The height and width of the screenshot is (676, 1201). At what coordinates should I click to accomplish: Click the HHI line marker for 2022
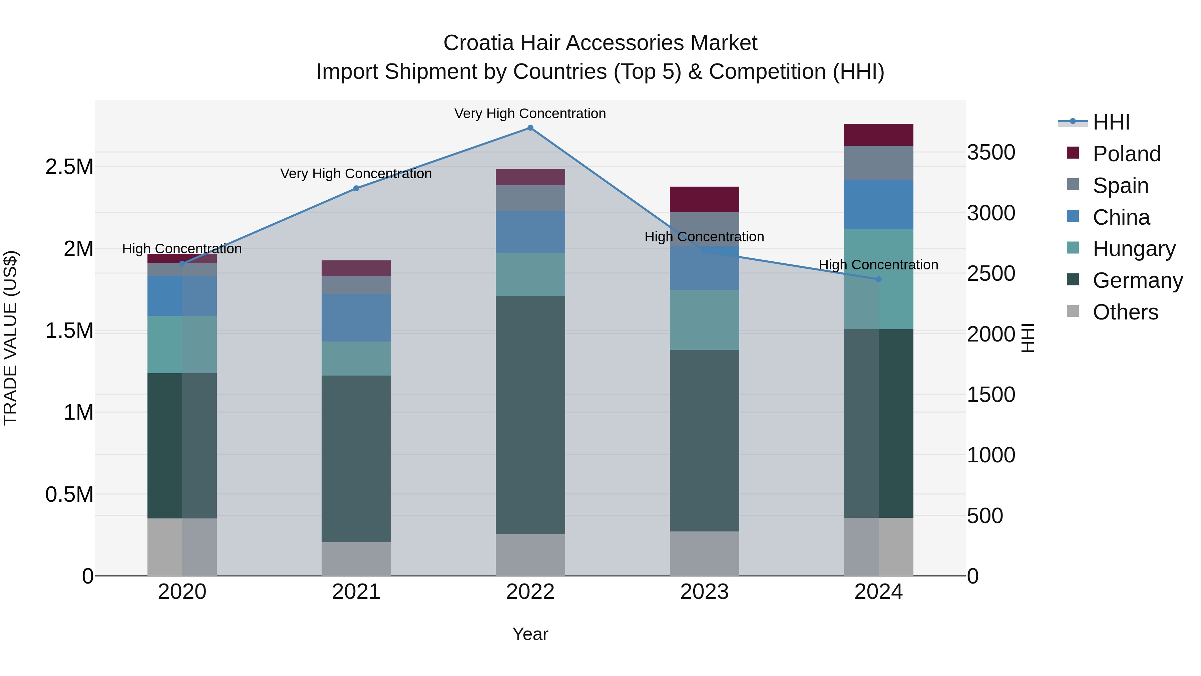click(x=530, y=128)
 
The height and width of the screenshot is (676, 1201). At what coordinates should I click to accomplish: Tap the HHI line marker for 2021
click(x=356, y=189)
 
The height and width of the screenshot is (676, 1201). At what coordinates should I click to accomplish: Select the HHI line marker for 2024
click(x=878, y=279)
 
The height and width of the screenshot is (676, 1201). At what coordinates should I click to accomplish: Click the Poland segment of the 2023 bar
click(x=705, y=200)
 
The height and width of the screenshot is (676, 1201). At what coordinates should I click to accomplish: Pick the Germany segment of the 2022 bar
click(x=530, y=415)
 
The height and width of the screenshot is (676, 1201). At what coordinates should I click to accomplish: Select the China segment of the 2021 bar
click(x=356, y=318)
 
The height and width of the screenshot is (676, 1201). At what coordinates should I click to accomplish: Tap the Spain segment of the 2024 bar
click(x=878, y=163)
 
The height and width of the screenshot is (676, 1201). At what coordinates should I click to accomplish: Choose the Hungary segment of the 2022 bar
click(x=530, y=274)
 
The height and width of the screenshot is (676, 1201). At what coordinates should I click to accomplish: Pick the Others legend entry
click(x=1125, y=312)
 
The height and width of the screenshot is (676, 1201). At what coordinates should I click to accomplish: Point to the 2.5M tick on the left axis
click(x=69, y=167)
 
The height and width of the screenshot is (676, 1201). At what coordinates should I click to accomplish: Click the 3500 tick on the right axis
click(x=991, y=153)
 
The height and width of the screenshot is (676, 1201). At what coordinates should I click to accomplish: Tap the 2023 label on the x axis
click(x=705, y=592)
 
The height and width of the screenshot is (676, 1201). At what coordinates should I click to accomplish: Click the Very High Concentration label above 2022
click(x=530, y=114)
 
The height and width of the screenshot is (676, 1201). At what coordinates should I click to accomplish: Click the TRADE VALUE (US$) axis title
click(x=10, y=338)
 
